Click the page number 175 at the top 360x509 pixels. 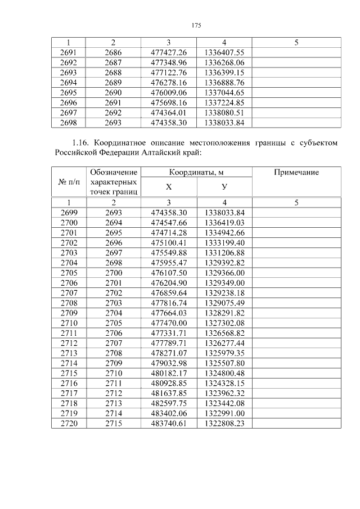pyautogui.click(x=196, y=25)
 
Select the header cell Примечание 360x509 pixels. pyautogui.click(x=296, y=173)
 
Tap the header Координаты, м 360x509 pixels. pyautogui.click(x=196, y=173)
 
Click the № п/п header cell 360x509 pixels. pyautogui.click(x=69, y=182)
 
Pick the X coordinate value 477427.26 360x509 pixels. pyautogui.click(x=169, y=52)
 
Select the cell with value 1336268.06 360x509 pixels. pyautogui.click(x=224, y=62)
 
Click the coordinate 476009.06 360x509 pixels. pyautogui.click(x=169, y=92)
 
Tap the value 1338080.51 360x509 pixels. pyautogui.click(x=224, y=112)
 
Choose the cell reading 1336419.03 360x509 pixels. pyautogui.click(x=224, y=223)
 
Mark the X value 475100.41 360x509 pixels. pyautogui.click(x=169, y=243)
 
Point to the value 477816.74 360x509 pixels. pyautogui.click(x=169, y=303)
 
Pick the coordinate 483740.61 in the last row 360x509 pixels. pyautogui.click(x=169, y=423)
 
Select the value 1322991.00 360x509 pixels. pyautogui.click(x=224, y=413)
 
